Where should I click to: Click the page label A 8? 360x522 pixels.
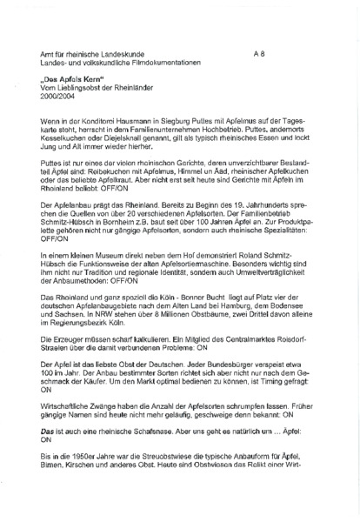point(258,53)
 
